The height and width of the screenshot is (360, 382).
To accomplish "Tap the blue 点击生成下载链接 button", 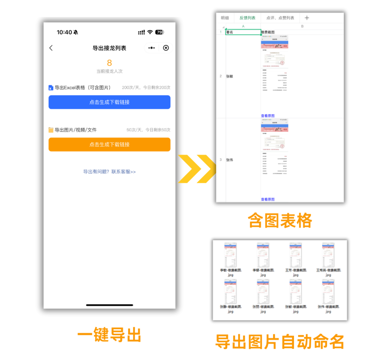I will tap(109, 102).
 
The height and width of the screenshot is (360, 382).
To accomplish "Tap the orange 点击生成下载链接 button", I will tap(109, 144).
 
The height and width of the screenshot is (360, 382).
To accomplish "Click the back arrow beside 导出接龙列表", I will tap(51, 48).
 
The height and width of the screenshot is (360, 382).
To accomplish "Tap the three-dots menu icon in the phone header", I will tap(151, 48).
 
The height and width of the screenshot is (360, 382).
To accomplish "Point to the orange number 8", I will tap(109, 63).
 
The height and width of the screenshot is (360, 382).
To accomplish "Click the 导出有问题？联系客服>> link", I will tap(109, 172).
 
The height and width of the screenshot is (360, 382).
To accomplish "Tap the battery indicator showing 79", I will tap(160, 32).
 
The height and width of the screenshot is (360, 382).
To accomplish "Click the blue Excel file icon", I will tap(51, 88).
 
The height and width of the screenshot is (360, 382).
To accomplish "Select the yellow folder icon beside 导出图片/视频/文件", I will tap(51, 130).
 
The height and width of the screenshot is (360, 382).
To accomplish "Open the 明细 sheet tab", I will tap(225, 18).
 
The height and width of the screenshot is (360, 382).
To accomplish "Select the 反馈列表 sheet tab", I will tap(247, 18).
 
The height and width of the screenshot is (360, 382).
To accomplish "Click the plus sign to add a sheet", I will tap(307, 18).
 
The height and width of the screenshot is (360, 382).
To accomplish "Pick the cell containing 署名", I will tap(243, 32).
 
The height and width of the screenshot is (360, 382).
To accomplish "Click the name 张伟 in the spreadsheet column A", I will tap(230, 160).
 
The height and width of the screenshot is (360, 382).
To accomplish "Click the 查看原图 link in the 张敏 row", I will tap(268, 116).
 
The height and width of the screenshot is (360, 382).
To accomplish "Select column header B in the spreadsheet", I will tap(302, 26).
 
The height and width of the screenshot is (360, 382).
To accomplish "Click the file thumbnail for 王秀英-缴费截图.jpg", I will tap(328, 254).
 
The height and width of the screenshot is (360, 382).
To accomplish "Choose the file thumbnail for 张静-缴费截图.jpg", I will tap(231, 291).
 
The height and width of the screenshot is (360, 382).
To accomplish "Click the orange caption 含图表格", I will tap(280, 220).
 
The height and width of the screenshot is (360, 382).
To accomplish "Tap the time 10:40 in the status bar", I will tap(64, 32).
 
